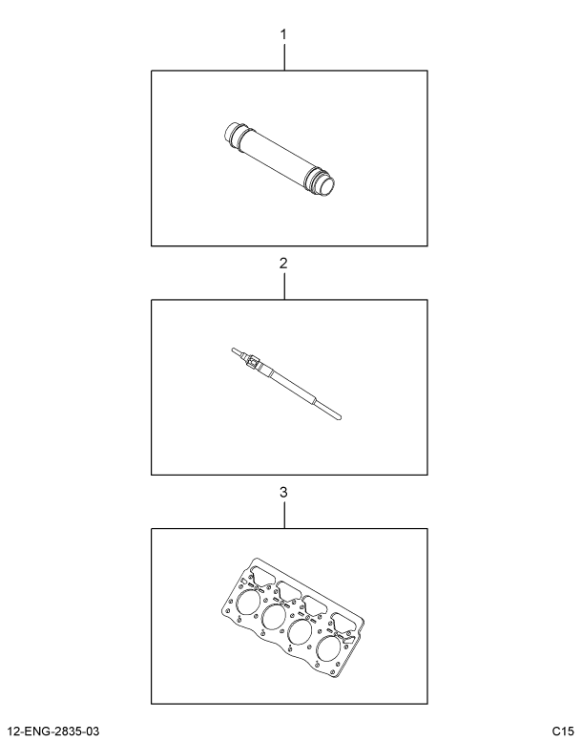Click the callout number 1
click(x=284, y=35)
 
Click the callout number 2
click(x=284, y=263)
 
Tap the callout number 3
click(x=284, y=493)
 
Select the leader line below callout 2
click(x=284, y=286)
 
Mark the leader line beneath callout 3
click(x=284, y=515)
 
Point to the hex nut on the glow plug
click(x=252, y=363)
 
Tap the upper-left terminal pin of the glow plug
click(x=233, y=350)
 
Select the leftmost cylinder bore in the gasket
click(x=248, y=604)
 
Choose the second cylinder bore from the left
click(x=278, y=618)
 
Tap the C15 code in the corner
click(x=563, y=731)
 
